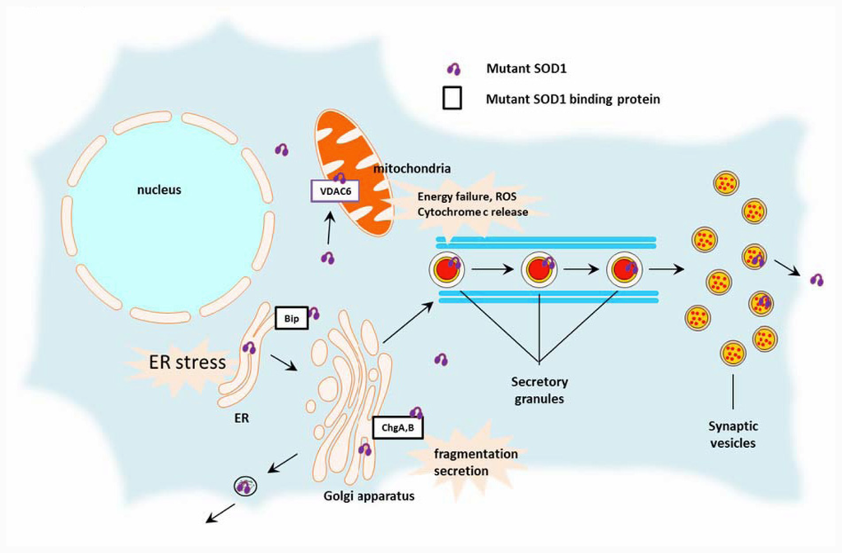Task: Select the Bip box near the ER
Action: [x=290, y=317]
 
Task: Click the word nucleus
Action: [x=160, y=190]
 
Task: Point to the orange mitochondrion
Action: [x=354, y=177]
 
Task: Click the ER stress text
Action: [x=187, y=362]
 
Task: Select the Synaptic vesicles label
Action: [x=732, y=435]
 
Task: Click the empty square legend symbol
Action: [x=452, y=99]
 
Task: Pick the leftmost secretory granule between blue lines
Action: [x=447, y=269]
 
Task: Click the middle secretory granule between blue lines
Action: [x=539, y=269]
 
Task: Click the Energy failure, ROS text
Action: [x=465, y=196]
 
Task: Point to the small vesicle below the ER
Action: [x=245, y=486]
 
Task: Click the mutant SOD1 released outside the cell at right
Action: [x=817, y=279]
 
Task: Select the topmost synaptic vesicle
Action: [x=725, y=182]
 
